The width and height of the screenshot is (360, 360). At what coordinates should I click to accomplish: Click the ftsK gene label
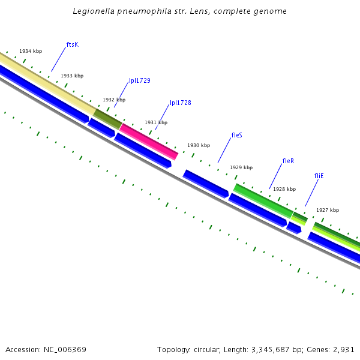[x=73, y=44]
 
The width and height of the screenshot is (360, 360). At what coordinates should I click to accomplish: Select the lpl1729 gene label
[x=140, y=80]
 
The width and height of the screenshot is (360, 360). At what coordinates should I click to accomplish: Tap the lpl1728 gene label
[x=181, y=103]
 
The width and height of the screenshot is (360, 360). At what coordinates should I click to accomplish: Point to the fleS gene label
[x=237, y=135]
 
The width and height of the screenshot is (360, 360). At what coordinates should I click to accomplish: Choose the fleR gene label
[x=288, y=161]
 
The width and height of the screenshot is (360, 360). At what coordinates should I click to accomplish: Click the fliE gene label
[x=319, y=176]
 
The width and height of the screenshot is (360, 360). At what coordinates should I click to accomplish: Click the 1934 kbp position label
[x=31, y=52]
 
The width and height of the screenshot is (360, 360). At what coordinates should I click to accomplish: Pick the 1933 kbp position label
[x=72, y=76]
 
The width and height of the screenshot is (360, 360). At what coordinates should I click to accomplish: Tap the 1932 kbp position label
[x=114, y=100]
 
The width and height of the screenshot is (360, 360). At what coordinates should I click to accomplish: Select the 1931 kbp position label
[x=156, y=122]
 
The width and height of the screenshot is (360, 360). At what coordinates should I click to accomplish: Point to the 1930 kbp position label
[x=199, y=145]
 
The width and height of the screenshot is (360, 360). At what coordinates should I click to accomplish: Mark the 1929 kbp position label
[x=241, y=167]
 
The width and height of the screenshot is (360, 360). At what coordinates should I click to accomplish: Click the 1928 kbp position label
[x=284, y=189]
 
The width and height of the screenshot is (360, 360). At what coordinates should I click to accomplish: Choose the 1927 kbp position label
[x=328, y=210]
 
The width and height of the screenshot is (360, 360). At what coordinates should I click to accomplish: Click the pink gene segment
[x=149, y=142]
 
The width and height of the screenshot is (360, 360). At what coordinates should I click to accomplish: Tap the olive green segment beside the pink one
[x=107, y=119]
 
